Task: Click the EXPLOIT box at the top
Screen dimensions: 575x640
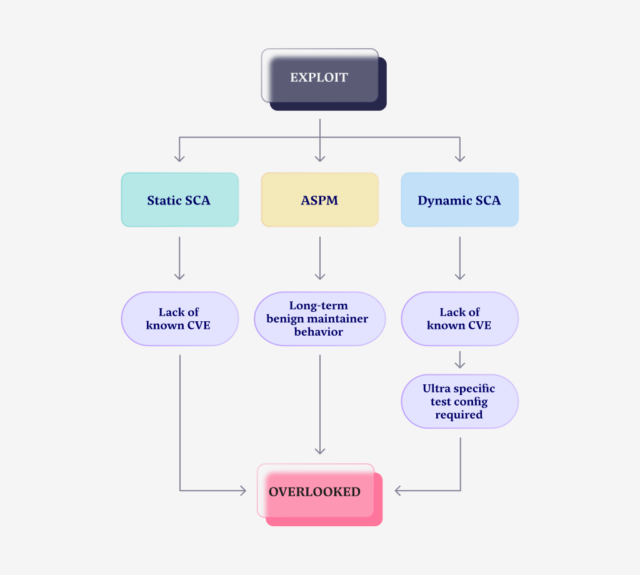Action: pos(319,78)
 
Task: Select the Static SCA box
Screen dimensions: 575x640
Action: pos(179,200)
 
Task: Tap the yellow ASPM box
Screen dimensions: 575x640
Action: pos(319,200)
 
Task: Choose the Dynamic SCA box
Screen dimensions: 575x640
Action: pos(459,200)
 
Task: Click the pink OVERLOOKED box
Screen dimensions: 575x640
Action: pos(316,492)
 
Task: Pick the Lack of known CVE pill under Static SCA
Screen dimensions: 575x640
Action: pos(179,319)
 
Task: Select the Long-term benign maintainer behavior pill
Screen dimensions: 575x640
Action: pos(319,319)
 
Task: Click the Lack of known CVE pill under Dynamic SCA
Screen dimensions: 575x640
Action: pos(459,319)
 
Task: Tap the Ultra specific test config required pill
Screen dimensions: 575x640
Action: pos(459,401)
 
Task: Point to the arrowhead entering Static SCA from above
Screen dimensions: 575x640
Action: pos(179,158)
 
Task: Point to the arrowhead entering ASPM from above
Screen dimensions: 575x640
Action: pos(319,158)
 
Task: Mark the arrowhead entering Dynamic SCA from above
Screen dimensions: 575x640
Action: pos(460,158)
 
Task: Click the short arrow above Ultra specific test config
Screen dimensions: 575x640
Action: pos(460,360)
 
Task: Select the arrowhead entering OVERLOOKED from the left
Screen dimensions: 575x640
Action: pos(242,491)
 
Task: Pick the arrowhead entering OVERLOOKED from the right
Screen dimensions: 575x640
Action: pos(398,491)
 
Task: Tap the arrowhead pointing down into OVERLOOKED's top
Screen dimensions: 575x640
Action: pos(320,451)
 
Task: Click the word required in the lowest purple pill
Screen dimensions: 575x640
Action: pos(459,414)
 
